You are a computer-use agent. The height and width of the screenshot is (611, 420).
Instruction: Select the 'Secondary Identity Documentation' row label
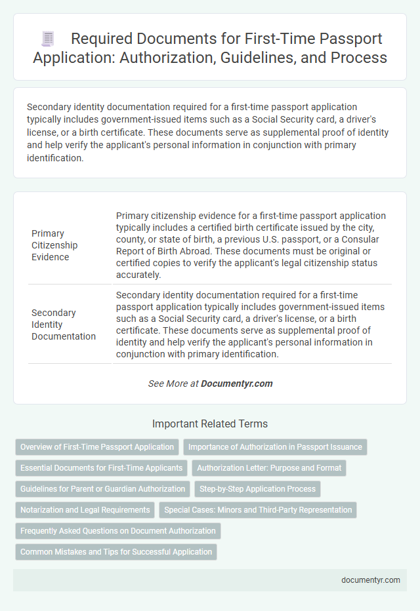(x=64, y=325)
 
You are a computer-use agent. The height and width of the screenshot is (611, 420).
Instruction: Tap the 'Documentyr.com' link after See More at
(x=237, y=384)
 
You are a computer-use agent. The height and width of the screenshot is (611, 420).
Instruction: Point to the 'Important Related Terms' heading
(x=210, y=424)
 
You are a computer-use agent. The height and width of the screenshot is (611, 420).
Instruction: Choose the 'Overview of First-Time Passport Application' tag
(x=97, y=447)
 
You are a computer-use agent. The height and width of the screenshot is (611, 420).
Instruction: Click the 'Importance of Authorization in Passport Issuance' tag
(x=275, y=447)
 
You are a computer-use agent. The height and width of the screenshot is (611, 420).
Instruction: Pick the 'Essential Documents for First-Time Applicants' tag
(x=101, y=468)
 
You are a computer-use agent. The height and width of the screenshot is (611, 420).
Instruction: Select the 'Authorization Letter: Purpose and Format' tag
(x=269, y=468)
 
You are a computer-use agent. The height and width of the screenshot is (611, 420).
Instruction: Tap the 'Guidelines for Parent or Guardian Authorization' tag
(x=102, y=489)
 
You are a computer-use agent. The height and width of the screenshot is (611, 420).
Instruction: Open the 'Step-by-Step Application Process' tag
(x=257, y=489)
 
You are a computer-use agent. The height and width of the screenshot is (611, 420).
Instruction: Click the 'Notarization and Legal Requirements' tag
(x=85, y=510)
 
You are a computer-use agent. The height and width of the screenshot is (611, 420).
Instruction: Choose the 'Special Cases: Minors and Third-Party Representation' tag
(x=258, y=510)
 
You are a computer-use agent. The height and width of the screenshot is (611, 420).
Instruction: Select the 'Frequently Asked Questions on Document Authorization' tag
(x=117, y=531)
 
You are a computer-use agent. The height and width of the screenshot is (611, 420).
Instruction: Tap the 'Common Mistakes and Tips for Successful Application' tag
(x=116, y=552)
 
